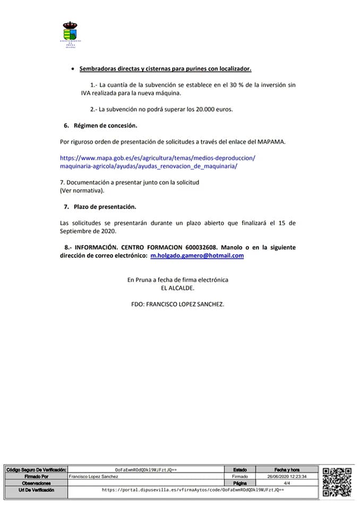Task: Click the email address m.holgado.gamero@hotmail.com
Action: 197,256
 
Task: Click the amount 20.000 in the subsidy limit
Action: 198,109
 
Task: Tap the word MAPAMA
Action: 271,142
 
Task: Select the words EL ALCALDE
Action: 178,287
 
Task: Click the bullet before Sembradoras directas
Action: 72,69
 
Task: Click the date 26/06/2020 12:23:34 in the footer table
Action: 287,477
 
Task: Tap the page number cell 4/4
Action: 287,483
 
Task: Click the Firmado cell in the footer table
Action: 240,477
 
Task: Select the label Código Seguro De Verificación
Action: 36,470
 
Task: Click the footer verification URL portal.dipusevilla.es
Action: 193,490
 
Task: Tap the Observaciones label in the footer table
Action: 36,483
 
